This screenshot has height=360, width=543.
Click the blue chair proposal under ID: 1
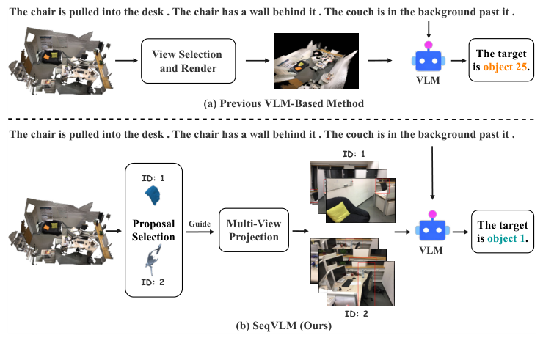(153, 195)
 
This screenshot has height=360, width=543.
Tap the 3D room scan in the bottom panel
(56, 229)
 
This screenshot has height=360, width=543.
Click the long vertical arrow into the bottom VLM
(431, 173)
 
